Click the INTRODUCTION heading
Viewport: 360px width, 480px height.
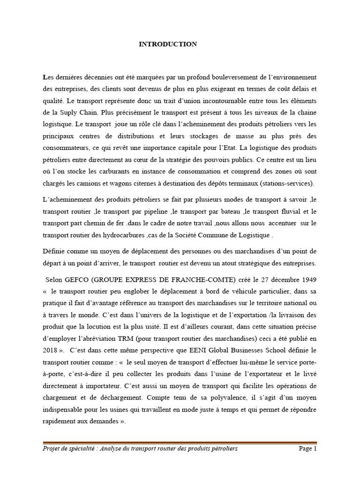point(168,44)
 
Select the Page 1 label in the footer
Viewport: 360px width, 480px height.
point(308,449)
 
